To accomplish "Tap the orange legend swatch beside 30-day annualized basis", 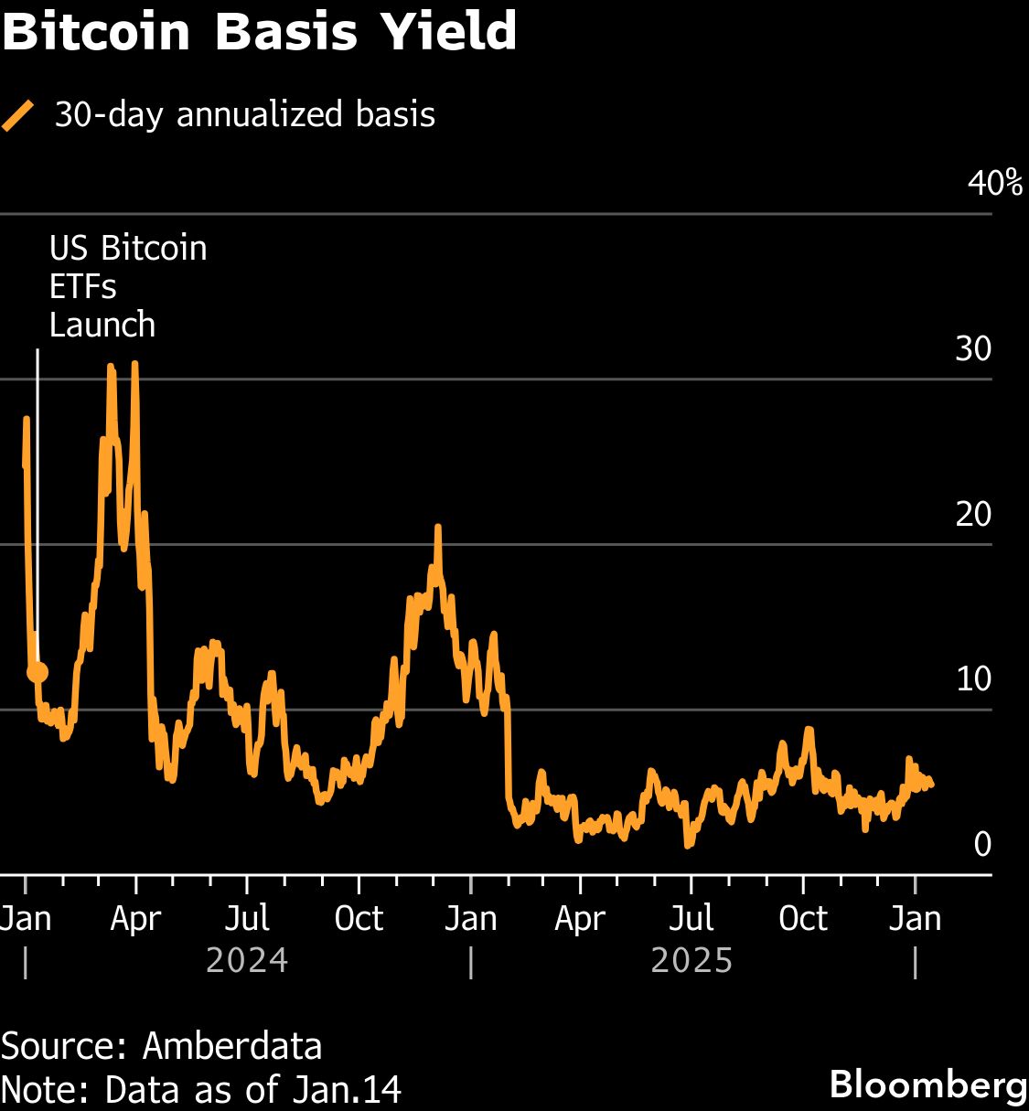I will [18, 116].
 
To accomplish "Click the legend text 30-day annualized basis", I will [244, 115].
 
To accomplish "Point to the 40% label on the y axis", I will [994, 183].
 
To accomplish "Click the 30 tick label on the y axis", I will [973, 348].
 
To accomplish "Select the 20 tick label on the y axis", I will [973, 514].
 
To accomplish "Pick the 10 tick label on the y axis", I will [973, 678].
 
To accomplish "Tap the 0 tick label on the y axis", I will [982, 844].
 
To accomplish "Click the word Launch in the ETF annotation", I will [102, 326].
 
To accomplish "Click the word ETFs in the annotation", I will [82, 287].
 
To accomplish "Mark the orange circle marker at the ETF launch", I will [38, 673].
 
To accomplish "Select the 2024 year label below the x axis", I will [247, 961].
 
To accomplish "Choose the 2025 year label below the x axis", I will [691, 961].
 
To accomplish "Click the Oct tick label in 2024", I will [359, 918].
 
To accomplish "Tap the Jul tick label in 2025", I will [691, 918].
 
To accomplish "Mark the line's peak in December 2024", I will [438, 529].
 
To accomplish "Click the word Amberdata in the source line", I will [232, 1045].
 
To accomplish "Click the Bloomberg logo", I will [927, 1084].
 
